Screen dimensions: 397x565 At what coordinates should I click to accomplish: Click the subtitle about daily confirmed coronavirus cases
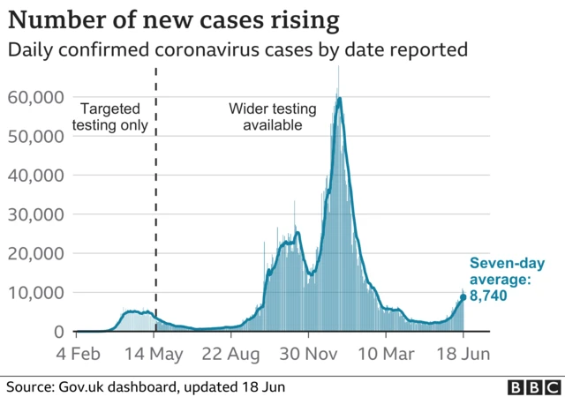tap(237, 50)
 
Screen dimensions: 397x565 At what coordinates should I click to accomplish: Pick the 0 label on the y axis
tap(58, 332)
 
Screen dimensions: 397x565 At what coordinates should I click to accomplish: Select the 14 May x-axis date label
tap(156, 353)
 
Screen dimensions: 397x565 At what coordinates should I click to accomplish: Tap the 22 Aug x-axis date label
tap(232, 353)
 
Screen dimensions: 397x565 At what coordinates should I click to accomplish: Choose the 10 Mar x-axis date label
tap(386, 353)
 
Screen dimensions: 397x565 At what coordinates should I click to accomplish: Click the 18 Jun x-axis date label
tap(463, 353)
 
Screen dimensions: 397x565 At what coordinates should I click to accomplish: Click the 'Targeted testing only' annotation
tap(114, 117)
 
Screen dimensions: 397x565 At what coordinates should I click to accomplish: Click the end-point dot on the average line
tap(462, 297)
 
